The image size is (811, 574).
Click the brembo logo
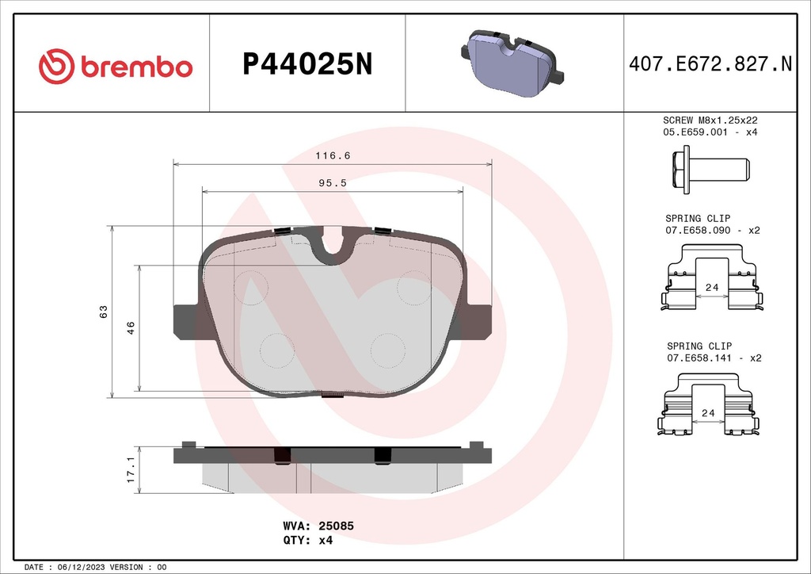(x=116, y=66)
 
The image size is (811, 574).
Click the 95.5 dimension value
(x=333, y=182)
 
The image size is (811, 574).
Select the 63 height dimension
(x=104, y=311)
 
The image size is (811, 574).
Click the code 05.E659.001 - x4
(x=710, y=132)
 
